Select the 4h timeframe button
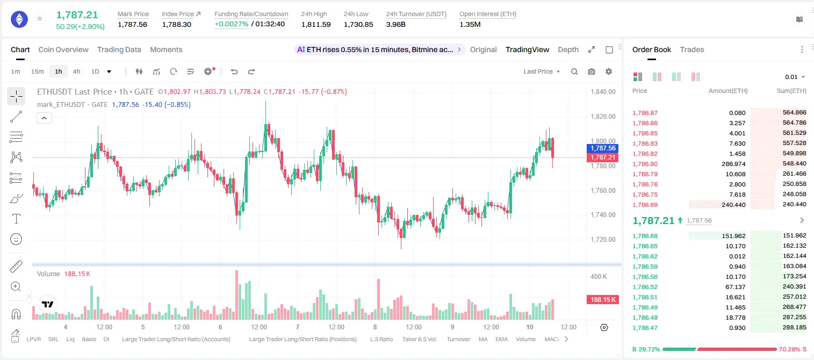click(76, 71)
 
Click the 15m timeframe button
click(37, 71)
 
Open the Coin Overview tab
click(63, 49)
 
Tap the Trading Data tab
click(119, 49)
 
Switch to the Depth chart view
click(568, 49)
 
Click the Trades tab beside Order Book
click(692, 49)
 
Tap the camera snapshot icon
click(592, 71)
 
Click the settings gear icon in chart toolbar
click(609, 71)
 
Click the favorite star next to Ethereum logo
click(40, 18)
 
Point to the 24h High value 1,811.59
click(316, 24)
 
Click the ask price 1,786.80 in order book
click(645, 164)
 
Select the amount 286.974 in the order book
click(733, 164)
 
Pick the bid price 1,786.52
click(645, 286)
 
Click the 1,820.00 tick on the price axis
click(603, 116)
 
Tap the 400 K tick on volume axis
click(599, 277)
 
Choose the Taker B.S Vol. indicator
click(419, 339)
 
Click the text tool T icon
click(16, 219)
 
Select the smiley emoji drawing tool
click(16, 239)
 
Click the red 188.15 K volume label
click(602, 299)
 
